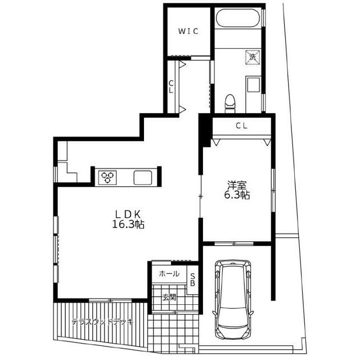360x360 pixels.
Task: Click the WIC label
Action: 188,31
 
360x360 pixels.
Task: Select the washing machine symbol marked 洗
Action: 253,57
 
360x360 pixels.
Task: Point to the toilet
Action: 230,104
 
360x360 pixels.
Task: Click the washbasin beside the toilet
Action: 253,85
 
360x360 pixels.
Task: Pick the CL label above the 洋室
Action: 241,125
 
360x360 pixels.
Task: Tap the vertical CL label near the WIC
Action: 171,87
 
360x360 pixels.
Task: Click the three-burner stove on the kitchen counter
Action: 107,177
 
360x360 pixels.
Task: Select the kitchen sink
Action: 142,177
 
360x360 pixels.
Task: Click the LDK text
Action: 128,214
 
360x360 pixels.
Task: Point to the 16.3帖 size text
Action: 128,224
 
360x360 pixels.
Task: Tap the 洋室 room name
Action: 237,185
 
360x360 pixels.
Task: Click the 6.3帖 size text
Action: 237,195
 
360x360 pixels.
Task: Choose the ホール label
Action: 169,273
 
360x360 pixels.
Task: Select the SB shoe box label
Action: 193,280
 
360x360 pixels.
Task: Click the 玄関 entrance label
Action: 169,298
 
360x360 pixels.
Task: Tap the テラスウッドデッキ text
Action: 102,322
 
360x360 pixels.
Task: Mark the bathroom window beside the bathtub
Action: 264,17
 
